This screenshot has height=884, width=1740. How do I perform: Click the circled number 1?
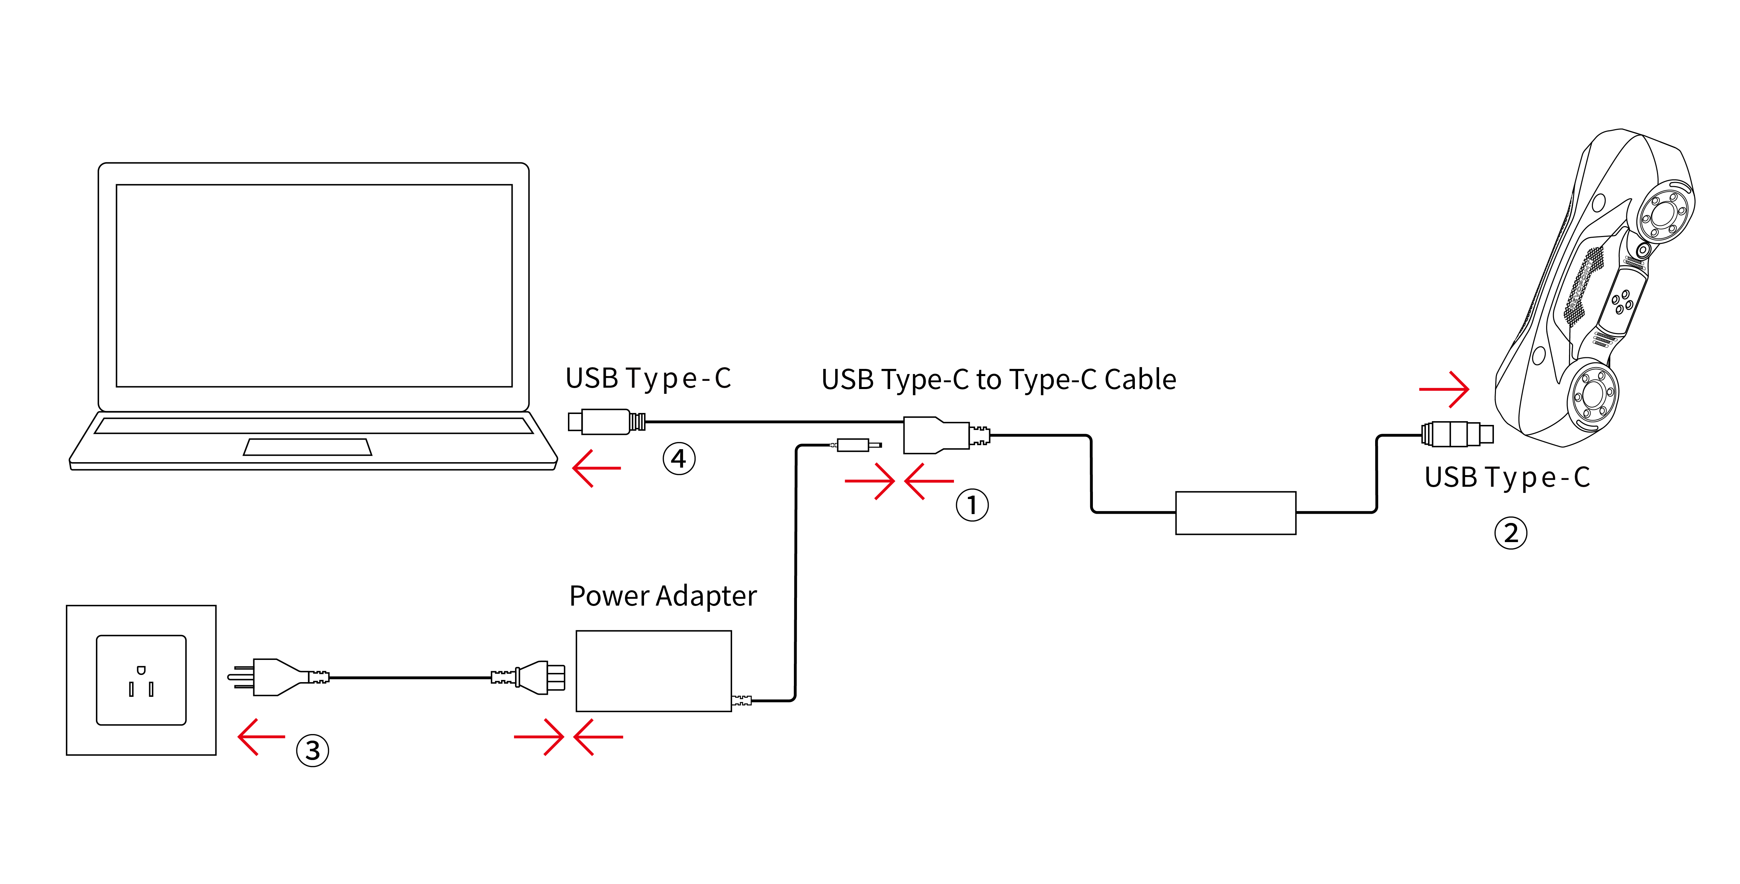pos(971,505)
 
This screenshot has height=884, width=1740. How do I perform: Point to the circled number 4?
pos(678,459)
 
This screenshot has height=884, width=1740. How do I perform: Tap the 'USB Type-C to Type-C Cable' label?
pos(998,380)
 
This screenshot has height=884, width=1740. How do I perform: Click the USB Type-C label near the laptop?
pos(648,378)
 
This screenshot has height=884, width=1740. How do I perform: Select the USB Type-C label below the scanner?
pos(1507,477)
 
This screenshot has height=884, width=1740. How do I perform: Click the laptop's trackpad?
pos(307,447)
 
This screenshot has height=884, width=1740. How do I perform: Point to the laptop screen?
pos(314,285)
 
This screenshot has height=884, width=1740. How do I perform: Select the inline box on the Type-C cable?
pos(1236,513)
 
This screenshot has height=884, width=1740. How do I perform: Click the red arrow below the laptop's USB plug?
pos(596,468)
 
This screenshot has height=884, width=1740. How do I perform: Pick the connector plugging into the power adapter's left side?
pos(540,677)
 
